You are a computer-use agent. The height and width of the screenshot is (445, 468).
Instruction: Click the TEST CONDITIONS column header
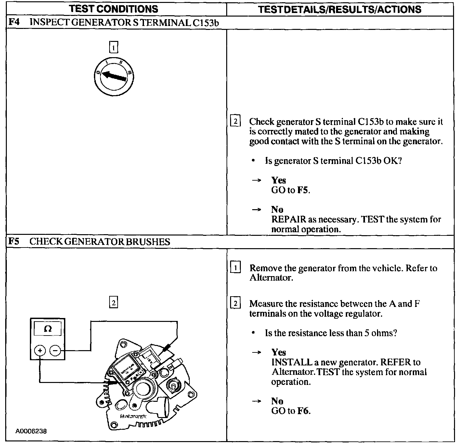(113, 9)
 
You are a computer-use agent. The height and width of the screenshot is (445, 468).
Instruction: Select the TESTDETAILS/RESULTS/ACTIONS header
(340, 9)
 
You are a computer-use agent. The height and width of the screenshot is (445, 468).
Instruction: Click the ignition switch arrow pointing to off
(114, 77)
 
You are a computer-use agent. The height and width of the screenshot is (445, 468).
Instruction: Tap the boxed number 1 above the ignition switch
(113, 48)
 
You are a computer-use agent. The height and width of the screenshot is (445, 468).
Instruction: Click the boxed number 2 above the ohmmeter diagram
(113, 303)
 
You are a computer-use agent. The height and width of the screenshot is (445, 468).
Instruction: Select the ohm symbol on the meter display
(48, 329)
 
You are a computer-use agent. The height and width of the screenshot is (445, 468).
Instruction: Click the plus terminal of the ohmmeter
(40, 350)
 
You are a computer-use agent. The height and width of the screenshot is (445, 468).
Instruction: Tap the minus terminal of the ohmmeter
(55, 350)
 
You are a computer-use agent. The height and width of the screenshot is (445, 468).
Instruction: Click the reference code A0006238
(31, 431)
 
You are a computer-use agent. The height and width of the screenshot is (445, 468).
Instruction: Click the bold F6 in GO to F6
(303, 411)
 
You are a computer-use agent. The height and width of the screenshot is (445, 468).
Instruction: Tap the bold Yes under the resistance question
(279, 352)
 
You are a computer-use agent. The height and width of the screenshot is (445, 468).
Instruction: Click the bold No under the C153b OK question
(277, 210)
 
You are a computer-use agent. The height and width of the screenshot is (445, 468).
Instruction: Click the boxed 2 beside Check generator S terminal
(235, 122)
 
